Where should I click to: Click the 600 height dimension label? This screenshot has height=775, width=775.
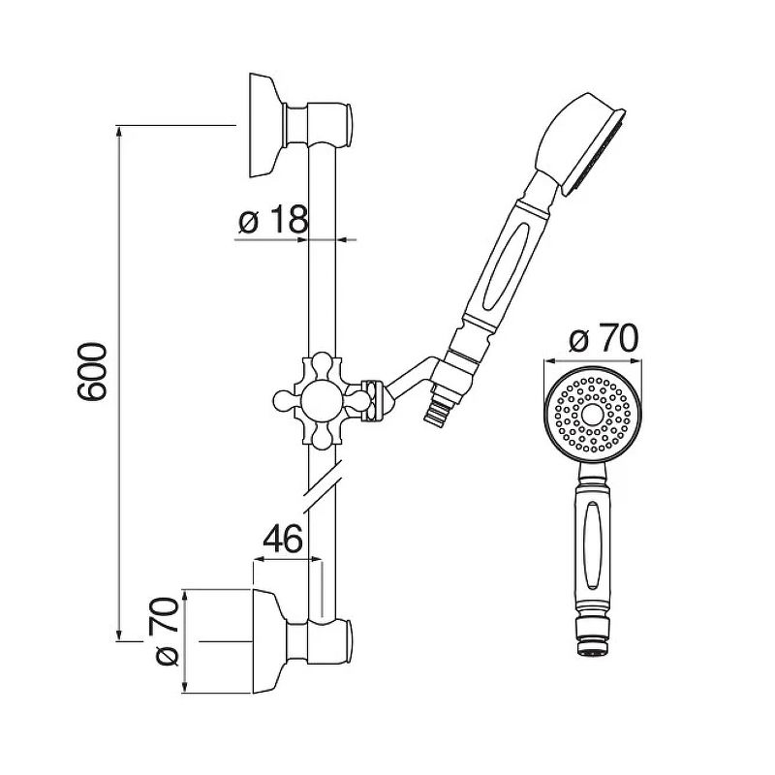click(x=92, y=371)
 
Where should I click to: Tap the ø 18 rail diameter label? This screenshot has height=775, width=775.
click(x=273, y=220)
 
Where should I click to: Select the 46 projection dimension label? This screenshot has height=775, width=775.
click(x=282, y=539)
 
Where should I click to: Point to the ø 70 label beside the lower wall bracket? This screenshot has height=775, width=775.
click(x=167, y=632)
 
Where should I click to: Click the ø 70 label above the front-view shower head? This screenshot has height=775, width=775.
click(x=604, y=339)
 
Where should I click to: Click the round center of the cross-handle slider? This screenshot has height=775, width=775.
click(x=322, y=400)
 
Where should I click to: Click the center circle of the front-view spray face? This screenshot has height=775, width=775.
click(x=593, y=416)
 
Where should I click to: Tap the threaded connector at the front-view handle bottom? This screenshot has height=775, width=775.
click(x=593, y=637)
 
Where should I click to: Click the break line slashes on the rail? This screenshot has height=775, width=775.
click(x=323, y=486)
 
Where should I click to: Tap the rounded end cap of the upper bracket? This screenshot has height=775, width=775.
click(x=350, y=126)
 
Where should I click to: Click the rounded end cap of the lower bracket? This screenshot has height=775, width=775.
click(x=350, y=641)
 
